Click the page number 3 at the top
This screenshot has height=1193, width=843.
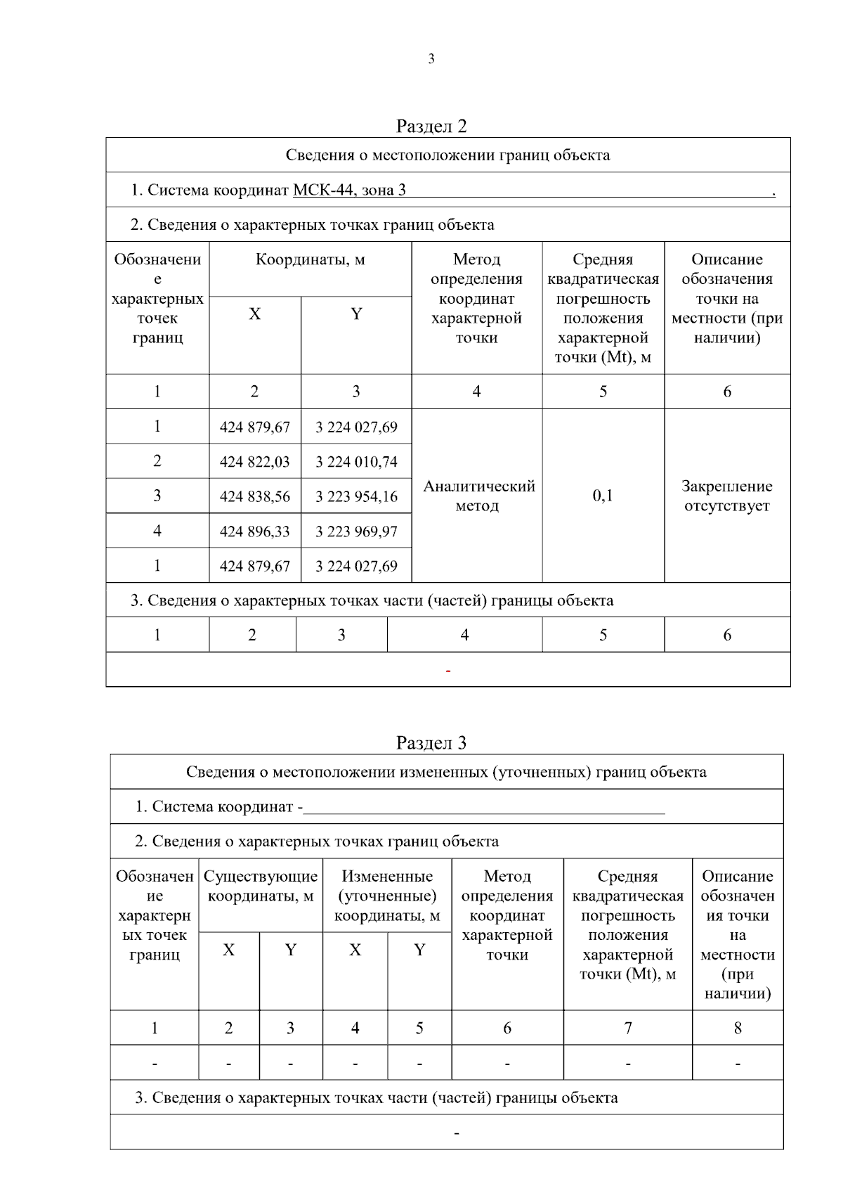point(431,60)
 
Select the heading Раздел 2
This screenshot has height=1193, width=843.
point(431,126)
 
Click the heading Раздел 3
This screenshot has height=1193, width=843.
point(431,743)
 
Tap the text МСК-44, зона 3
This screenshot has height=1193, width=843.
point(349,190)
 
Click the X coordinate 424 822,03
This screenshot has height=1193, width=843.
point(254,462)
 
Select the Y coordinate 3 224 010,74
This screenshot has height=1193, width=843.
point(356,462)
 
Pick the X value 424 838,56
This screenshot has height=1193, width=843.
point(254,496)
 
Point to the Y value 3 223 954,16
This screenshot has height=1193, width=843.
point(356,496)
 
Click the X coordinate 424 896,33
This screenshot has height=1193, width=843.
point(254,531)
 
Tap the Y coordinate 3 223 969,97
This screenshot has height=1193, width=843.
point(356,531)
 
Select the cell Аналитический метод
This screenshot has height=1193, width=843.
point(478,496)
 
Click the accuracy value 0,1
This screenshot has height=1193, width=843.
point(603,496)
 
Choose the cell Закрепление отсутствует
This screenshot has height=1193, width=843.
point(726,496)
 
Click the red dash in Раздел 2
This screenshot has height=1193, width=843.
point(447,671)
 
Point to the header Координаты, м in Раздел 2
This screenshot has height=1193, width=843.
point(310,259)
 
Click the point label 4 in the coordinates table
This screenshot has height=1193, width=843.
point(157,531)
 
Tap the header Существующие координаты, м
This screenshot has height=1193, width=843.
point(261,886)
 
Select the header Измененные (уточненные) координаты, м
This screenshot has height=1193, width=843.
point(387,896)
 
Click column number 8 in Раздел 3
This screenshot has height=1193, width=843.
point(738,1028)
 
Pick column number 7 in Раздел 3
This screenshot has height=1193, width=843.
point(628,1028)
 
